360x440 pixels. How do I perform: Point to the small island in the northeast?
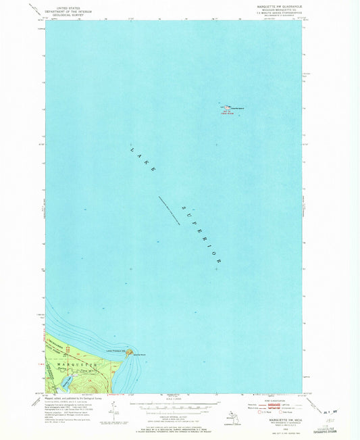coord(225,107)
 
